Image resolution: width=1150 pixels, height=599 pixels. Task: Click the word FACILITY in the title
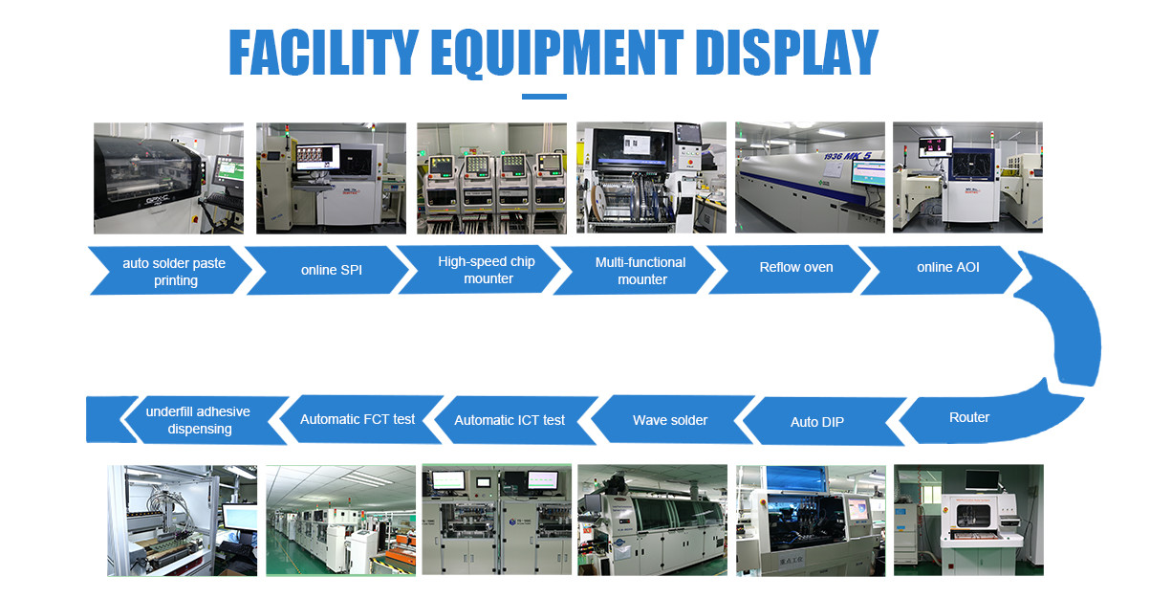pyautogui.click(x=323, y=53)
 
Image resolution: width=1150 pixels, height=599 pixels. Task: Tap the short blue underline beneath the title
pyautogui.click(x=544, y=97)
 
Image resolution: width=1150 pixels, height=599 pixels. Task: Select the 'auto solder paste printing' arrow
pyautogui.click(x=170, y=271)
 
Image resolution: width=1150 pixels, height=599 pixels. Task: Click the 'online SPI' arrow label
pyautogui.click(x=332, y=270)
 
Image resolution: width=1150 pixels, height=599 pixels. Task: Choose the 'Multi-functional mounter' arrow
pyautogui.click(x=634, y=270)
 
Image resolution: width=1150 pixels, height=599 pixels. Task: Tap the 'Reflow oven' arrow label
pyautogui.click(x=796, y=267)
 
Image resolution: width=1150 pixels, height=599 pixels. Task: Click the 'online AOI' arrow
pyautogui.click(x=942, y=270)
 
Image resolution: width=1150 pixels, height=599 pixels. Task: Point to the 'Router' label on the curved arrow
pyautogui.click(x=969, y=417)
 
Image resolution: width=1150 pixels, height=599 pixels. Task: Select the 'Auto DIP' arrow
pyautogui.click(x=820, y=421)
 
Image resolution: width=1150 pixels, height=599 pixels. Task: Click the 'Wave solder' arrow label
pyautogui.click(x=670, y=420)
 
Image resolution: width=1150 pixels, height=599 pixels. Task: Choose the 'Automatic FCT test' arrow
pyautogui.click(x=361, y=419)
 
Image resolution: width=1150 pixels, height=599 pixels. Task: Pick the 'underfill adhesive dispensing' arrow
pyautogui.click(x=205, y=420)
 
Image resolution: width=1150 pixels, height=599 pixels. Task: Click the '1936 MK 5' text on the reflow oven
pyautogui.click(x=848, y=155)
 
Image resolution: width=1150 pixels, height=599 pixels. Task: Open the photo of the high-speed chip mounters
pyautogui.click(x=491, y=178)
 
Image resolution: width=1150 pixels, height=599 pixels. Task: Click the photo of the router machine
pyautogui.click(x=968, y=520)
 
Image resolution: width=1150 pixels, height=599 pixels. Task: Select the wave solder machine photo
pyautogui.click(x=653, y=520)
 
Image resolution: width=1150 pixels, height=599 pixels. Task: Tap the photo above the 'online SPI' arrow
pyautogui.click(x=331, y=178)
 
